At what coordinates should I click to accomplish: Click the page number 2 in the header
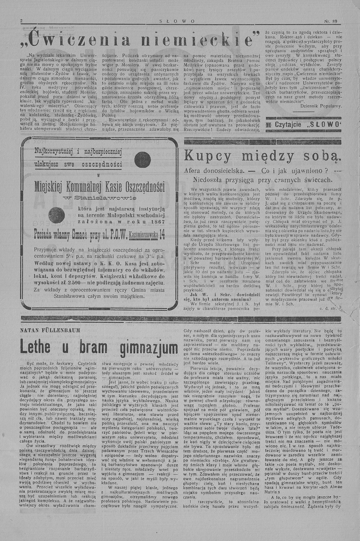[22, 21]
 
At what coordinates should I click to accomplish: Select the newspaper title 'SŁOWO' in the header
[177, 21]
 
